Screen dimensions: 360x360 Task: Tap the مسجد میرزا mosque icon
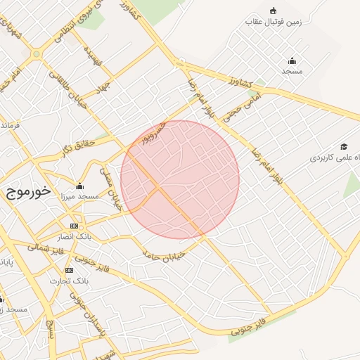[79, 186]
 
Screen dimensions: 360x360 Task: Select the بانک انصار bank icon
[74, 226]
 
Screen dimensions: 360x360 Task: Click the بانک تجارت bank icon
[69, 270]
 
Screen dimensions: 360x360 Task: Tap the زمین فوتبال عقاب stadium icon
[274, 11]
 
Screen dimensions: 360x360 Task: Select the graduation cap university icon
[344, 146]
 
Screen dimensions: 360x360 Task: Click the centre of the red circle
[180, 179]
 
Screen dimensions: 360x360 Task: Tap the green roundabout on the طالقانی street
[35, 53]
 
